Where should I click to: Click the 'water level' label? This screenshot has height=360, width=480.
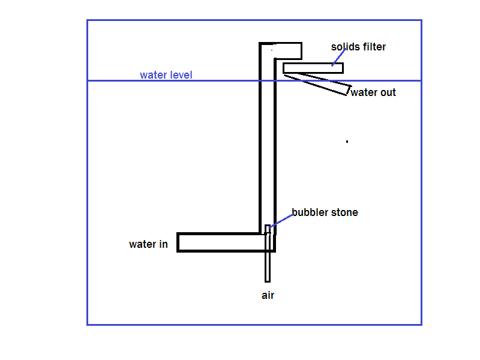[x=166, y=75]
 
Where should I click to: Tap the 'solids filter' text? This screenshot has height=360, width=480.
[x=358, y=47]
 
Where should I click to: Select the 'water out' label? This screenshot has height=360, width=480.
[x=373, y=92]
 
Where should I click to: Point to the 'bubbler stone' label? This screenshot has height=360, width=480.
[x=325, y=212]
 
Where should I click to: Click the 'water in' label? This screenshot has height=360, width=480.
[x=148, y=244]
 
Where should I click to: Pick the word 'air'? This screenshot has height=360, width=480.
[x=268, y=295]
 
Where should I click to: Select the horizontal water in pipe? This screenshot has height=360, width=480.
[x=222, y=242]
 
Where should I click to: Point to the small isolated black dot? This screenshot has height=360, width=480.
[x=347, y=142]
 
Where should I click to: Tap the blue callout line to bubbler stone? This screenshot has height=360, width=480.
[x=282, y=220]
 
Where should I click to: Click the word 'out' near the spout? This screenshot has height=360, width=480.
[x=386, y=92]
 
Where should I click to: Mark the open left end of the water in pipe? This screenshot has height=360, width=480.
[x=179, y=242]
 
